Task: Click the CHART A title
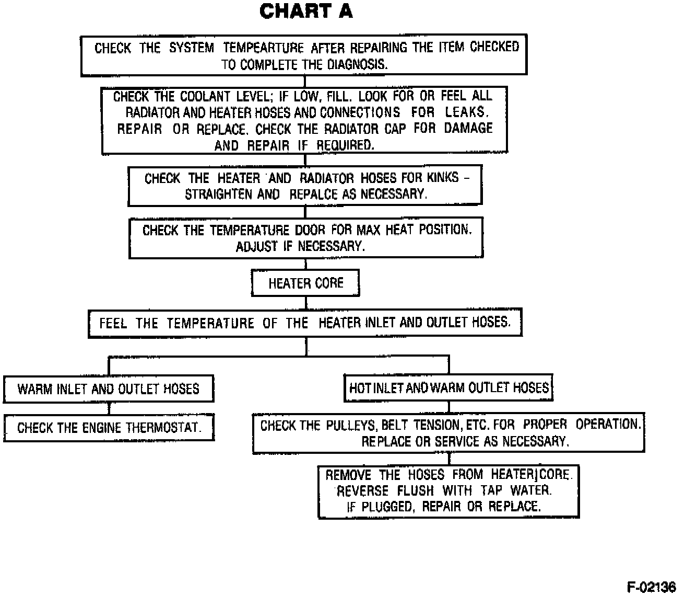306,12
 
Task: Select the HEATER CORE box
305,283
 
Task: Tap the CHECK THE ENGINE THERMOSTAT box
109,428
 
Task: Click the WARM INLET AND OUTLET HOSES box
109,389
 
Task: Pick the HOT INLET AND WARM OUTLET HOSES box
448,388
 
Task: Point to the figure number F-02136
651,587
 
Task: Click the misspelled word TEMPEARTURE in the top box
263,48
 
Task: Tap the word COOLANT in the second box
205,97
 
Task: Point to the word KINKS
443,178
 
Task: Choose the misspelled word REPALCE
313,194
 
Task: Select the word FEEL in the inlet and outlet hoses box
113,323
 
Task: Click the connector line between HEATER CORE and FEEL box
306,303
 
